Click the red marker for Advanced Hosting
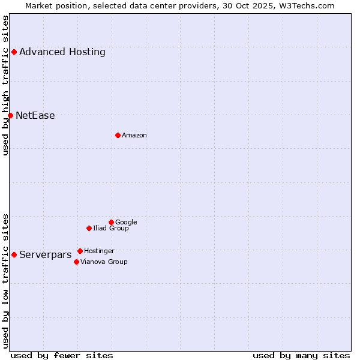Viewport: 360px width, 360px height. [14, 52]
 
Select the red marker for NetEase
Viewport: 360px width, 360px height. [10, 115]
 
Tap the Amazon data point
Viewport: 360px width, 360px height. [118, 135]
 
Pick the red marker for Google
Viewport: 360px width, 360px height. [111, 222]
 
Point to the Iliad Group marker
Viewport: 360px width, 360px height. [89, 228]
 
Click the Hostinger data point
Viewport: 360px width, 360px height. [80, 251]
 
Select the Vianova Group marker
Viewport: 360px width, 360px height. [76, 262]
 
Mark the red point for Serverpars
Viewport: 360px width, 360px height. [14, 254]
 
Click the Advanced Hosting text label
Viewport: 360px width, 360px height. [62, 52]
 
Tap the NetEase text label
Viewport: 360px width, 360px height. [35, 115]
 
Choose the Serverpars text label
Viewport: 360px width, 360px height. [46, 254]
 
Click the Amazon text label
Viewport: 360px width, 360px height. [134, 135]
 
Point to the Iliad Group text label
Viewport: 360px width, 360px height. [111, 228]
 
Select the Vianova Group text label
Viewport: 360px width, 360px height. [104, 262]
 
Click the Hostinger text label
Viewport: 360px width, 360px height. [99, 251]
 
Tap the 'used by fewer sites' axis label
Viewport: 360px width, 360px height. [62, 355]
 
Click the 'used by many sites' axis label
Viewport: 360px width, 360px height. [301, 355]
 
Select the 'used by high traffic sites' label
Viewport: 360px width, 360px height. [5, 85]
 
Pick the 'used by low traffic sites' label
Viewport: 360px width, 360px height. [5, 281]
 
